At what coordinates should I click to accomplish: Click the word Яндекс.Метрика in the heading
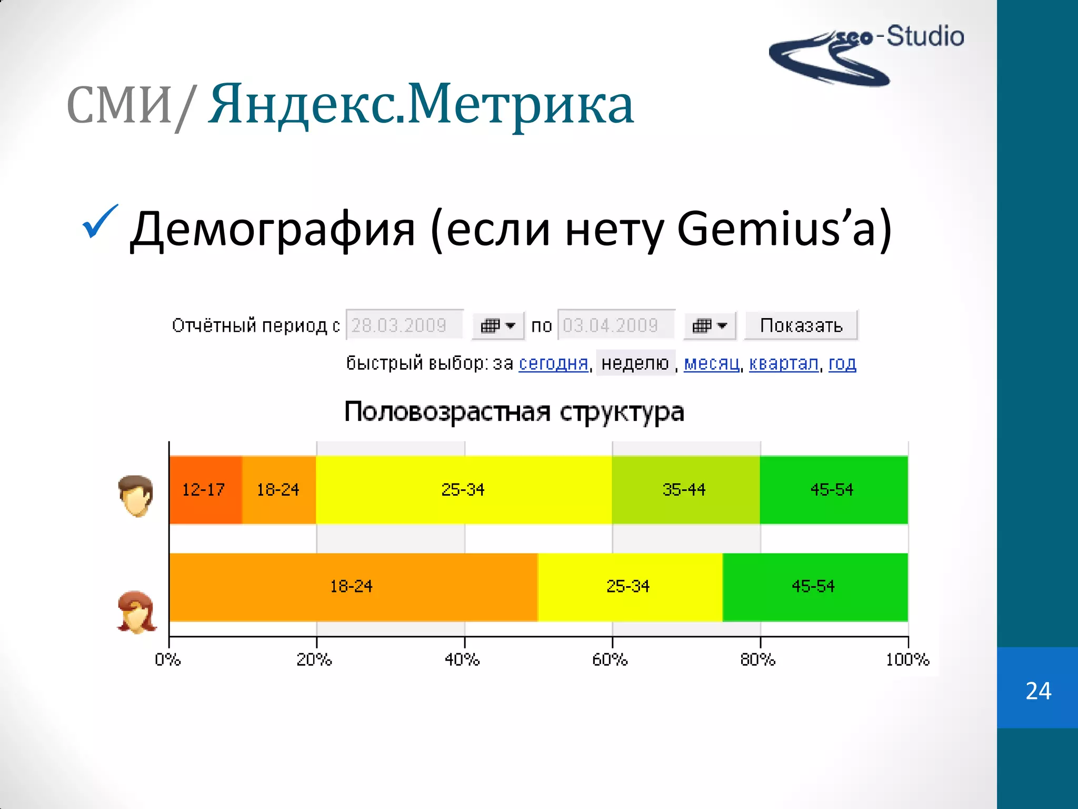[421, 105]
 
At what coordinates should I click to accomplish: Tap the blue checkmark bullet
[99, 222]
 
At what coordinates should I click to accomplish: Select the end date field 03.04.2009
[615, 325]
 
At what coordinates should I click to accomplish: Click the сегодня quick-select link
[553, 363]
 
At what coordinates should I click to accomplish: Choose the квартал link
[784, 363]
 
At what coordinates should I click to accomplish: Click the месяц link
[712, 363]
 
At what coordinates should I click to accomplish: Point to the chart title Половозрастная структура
[514, 412]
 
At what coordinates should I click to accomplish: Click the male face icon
[136, 496]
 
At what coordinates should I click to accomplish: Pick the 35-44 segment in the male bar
[685, 490]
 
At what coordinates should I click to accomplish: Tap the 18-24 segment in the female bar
[352, 587]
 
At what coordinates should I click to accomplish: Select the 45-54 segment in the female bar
[814, 587]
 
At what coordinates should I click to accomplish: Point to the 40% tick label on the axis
[463, 659]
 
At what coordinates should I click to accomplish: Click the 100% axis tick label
[907, 659]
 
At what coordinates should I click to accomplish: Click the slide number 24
[1038, 690]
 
